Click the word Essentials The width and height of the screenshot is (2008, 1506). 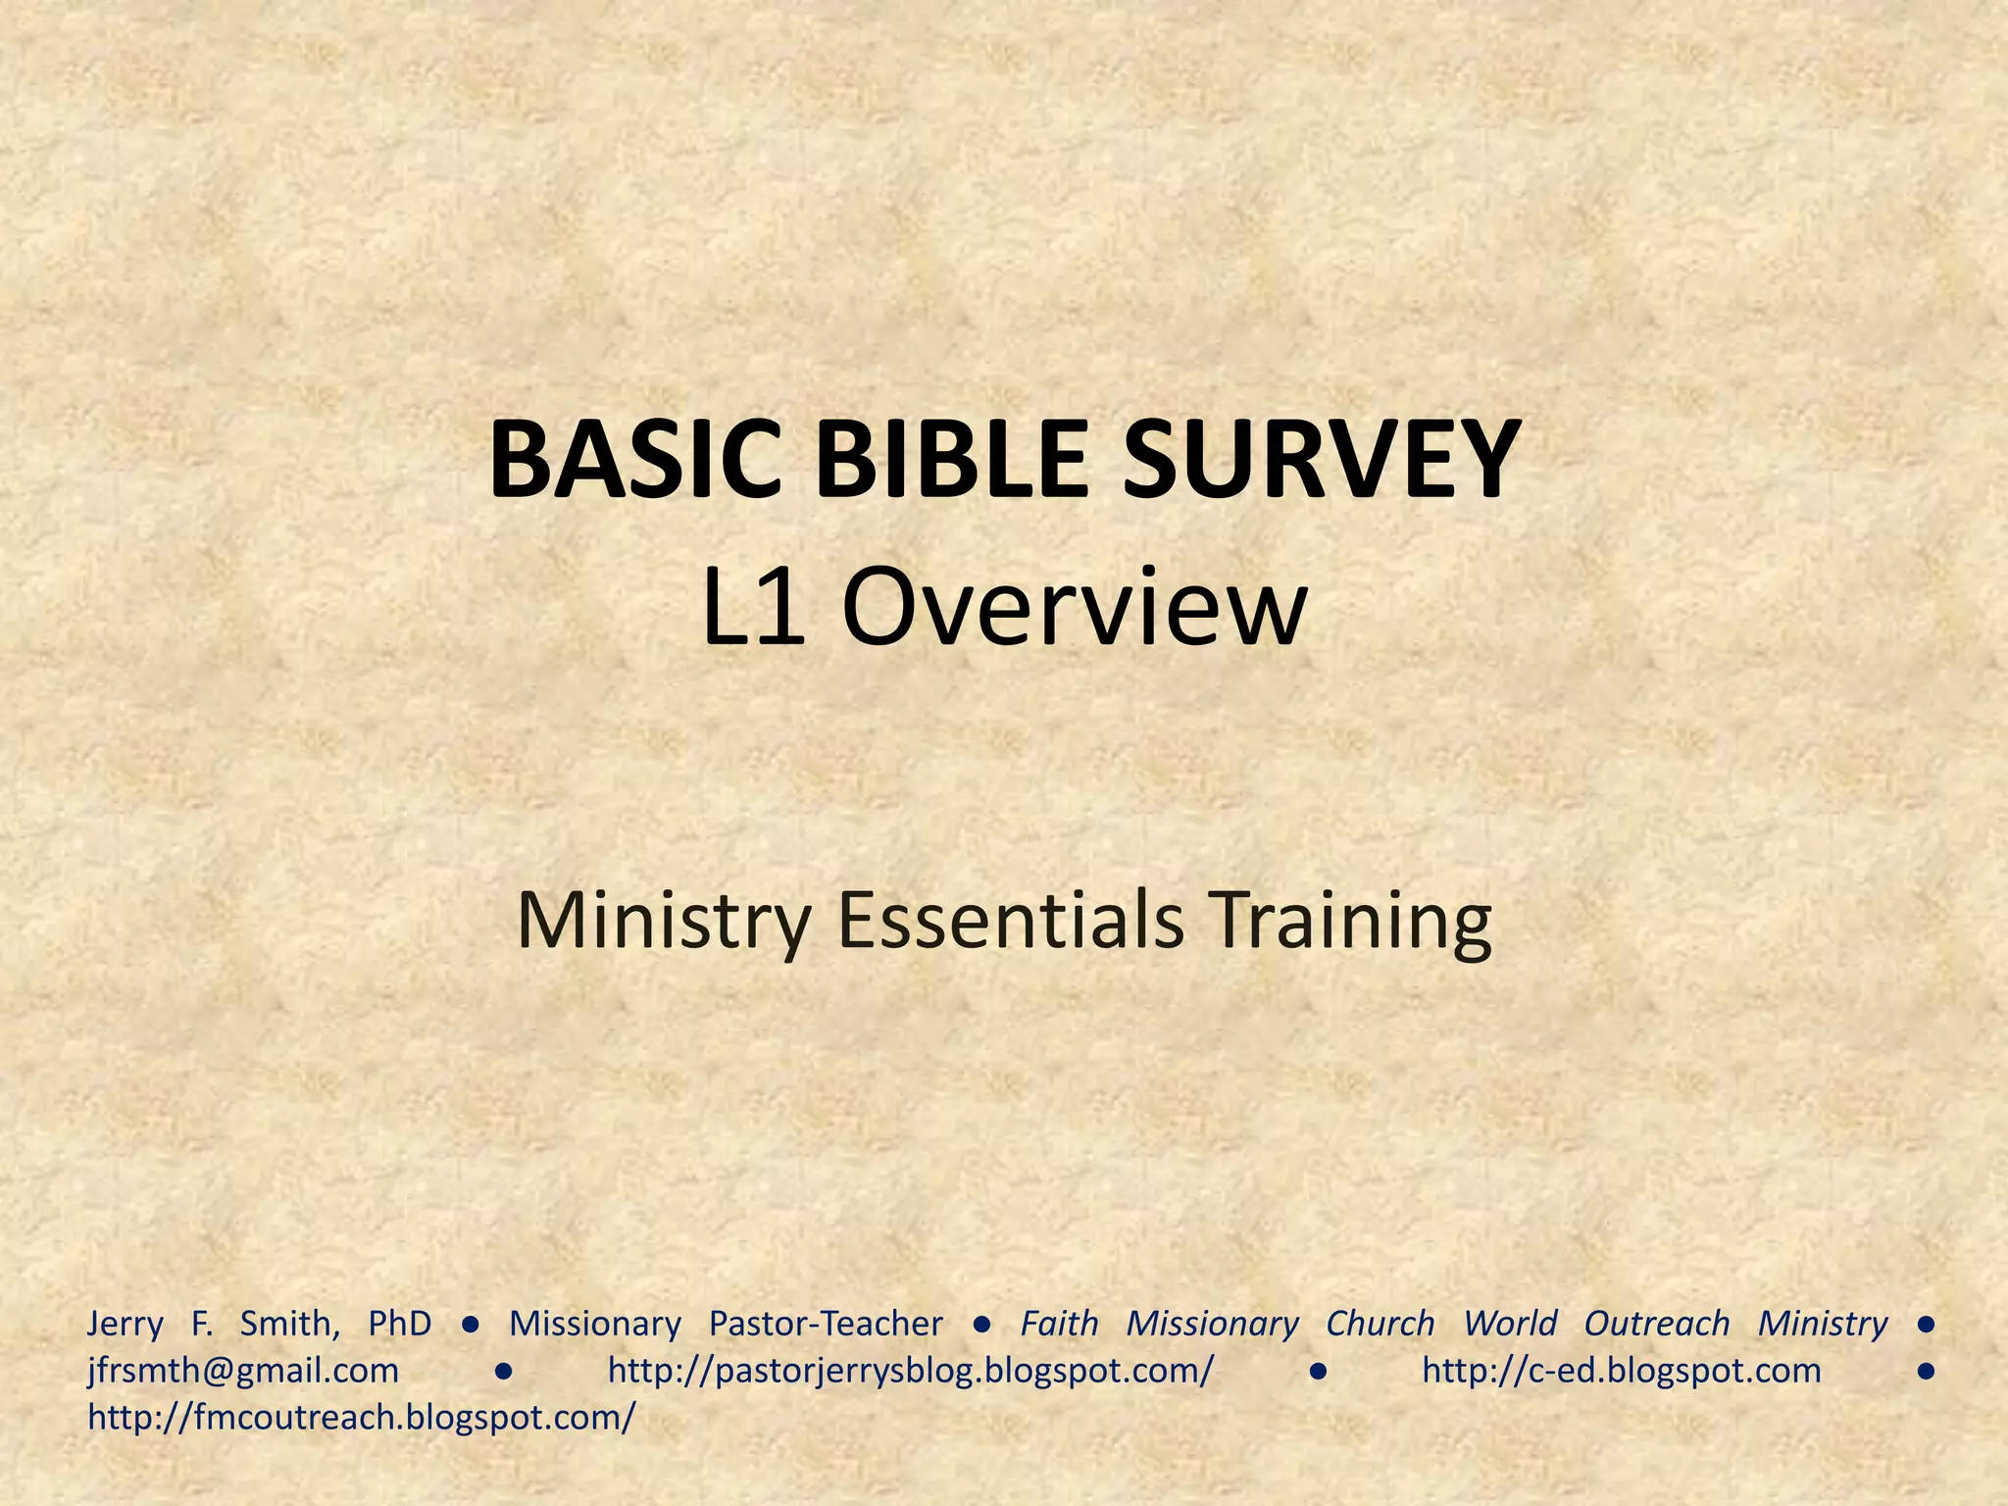(x=1010, y=921)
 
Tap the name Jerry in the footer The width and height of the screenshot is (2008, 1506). (x=125, y=1324)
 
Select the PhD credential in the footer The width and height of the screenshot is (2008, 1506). (x=400, y=1324)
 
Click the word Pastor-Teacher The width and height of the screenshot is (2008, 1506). (x=826, y=1324)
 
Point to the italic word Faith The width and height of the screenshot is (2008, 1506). (x=1059, y=1324)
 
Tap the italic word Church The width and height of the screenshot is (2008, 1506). (x=1380, y=1324)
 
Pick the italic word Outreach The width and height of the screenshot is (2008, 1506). (x=1657, y=1324)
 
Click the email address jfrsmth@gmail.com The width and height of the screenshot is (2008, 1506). (x=243, y=1371)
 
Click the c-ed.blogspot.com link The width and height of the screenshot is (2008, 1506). (x=1622, y=1371)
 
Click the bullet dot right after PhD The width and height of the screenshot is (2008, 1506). (x=471, y=1325)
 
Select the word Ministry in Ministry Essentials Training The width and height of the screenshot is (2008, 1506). (x=664, y=921)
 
